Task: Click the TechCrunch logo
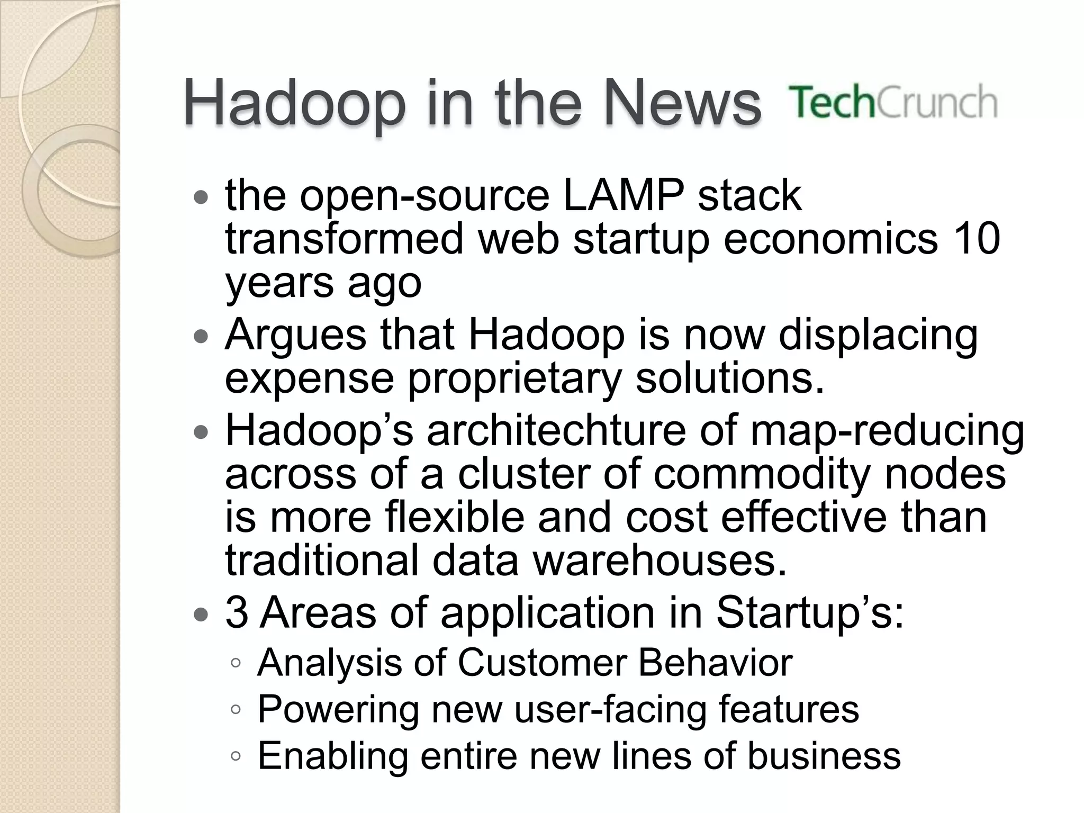point(893,102)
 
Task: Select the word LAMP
point(623,195)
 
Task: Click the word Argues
point(295,335)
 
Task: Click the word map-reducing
point(887,431)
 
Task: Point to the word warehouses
point(660,561)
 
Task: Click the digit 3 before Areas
point(237,612)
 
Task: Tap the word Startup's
point(809,612)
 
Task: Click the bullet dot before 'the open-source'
point(201,198)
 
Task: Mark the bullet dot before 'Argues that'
point(201,337)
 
